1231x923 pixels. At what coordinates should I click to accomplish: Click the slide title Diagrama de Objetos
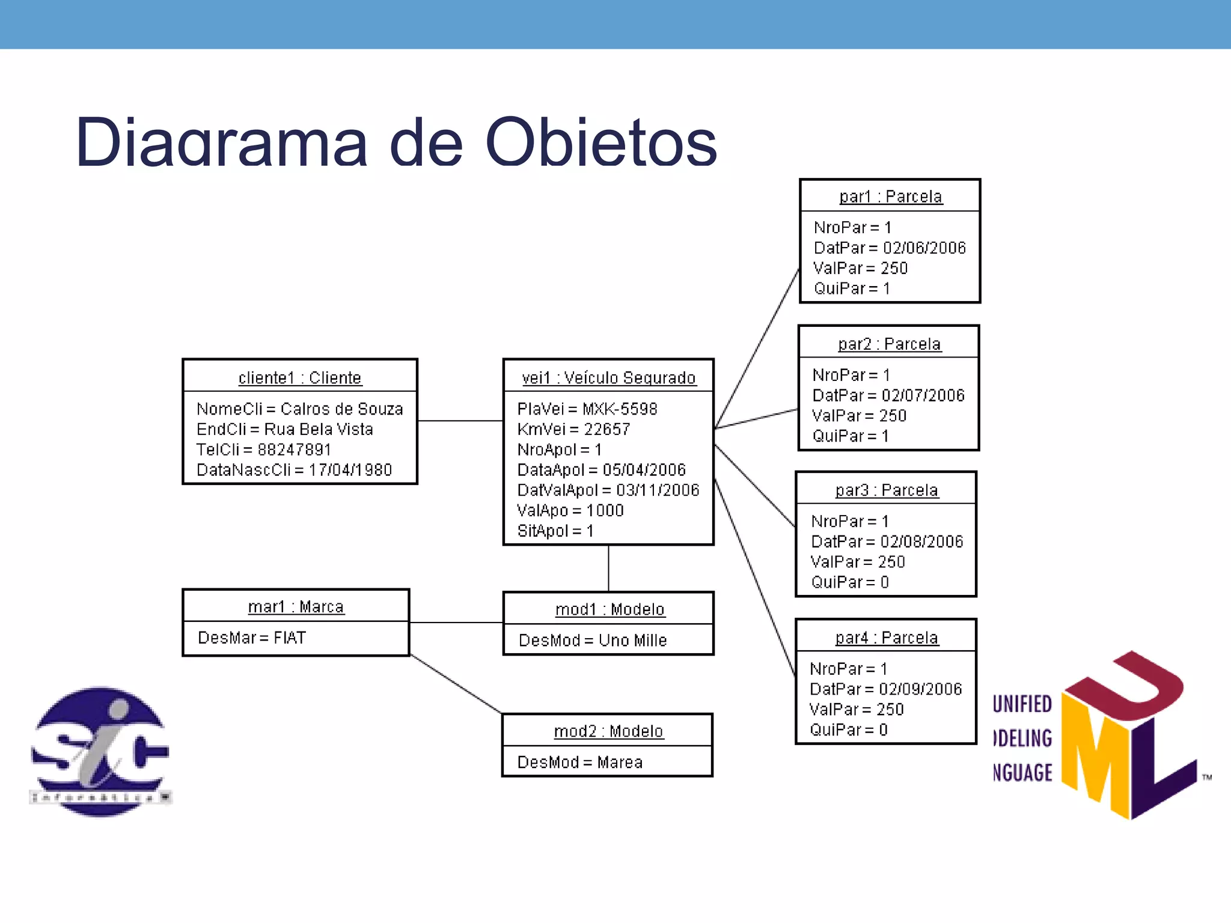pos(396,143)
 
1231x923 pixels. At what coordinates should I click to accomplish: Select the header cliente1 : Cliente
pos(300,378)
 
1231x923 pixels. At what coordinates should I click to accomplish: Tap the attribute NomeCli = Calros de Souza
pos(299,409)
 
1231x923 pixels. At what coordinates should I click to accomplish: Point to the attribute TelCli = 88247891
pos(263,449)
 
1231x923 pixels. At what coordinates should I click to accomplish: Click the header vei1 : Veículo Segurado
pos(608,378)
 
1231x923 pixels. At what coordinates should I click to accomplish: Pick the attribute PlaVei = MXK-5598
pos(587,409)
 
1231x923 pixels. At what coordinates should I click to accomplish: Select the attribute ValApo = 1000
pos(570,511)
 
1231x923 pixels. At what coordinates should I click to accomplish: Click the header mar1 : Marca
pos(296,607)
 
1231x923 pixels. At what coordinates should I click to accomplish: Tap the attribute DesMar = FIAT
pos(252,638)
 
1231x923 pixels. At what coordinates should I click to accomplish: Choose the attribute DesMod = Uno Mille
pos(593,641)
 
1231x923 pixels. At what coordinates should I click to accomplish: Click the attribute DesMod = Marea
pos(580,763)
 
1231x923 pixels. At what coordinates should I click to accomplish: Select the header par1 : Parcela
pos(890,196)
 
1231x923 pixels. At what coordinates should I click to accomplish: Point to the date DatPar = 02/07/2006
pos(888,395)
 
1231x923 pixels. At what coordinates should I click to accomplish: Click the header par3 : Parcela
pos(886,490)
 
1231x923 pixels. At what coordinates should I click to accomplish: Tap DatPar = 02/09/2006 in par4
pos(885,689)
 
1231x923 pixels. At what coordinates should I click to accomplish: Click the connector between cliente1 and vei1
pos(460,421)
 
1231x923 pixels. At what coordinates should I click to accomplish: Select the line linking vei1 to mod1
pos(608,568)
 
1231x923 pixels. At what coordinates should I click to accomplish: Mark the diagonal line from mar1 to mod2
pos(456,684)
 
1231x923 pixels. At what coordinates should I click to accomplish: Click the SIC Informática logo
pos(100,751)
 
